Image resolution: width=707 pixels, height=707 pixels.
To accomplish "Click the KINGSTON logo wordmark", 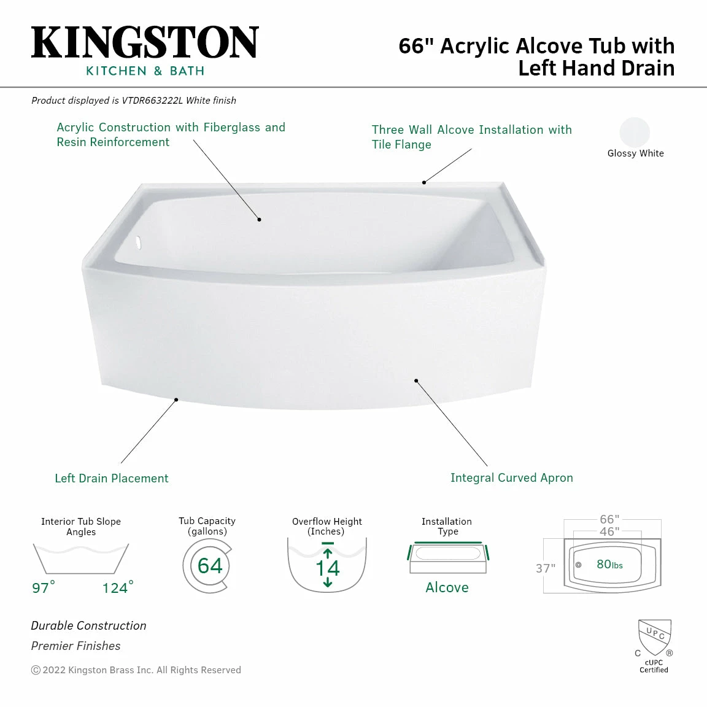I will point(145,43).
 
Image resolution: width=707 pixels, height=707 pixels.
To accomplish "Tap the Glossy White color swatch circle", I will point(635,133).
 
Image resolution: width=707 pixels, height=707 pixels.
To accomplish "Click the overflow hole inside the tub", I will point(139,243).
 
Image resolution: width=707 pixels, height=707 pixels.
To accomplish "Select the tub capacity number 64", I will point(210,565).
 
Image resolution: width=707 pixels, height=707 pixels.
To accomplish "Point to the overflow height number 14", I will point(327,568).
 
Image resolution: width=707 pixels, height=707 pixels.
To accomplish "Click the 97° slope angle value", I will point(43,587).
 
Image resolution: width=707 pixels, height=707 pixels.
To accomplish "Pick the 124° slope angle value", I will point(117,587).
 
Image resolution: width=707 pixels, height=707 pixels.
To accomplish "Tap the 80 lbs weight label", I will point(609,565).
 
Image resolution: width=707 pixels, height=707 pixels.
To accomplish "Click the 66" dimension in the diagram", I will point(609,519).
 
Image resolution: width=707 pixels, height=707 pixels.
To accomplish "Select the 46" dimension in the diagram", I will point(609,531).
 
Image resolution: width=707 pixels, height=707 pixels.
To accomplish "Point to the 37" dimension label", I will point(545,568).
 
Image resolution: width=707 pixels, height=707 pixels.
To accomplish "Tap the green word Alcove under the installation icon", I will point(447,587).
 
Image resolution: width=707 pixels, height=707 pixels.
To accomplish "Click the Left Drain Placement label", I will point(112,478).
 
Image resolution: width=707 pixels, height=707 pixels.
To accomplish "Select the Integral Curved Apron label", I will point(511,477).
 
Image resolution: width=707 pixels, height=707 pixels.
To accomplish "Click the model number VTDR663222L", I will point(152,100).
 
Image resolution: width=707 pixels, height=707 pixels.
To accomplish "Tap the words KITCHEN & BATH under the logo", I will point(145,71).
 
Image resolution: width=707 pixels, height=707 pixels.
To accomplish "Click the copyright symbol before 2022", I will point(36,670).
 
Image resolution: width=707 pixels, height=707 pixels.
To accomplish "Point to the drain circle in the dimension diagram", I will point(578,565).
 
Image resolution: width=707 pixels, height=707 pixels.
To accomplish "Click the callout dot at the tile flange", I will point(423,182).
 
